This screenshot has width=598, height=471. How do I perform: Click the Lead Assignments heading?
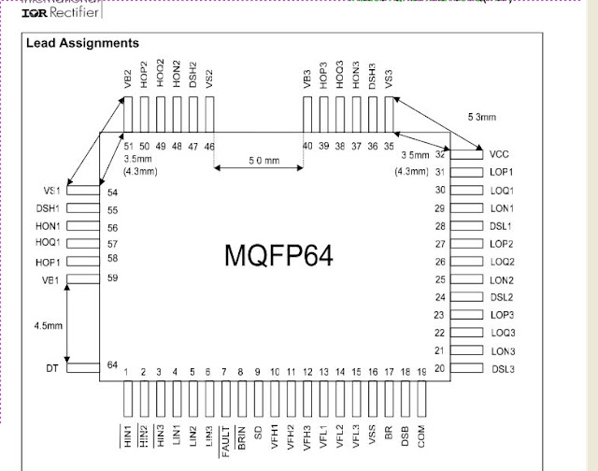(82, 43)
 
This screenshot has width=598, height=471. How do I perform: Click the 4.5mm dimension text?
(48, 326)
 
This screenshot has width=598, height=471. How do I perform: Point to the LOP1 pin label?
(502, 172)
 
